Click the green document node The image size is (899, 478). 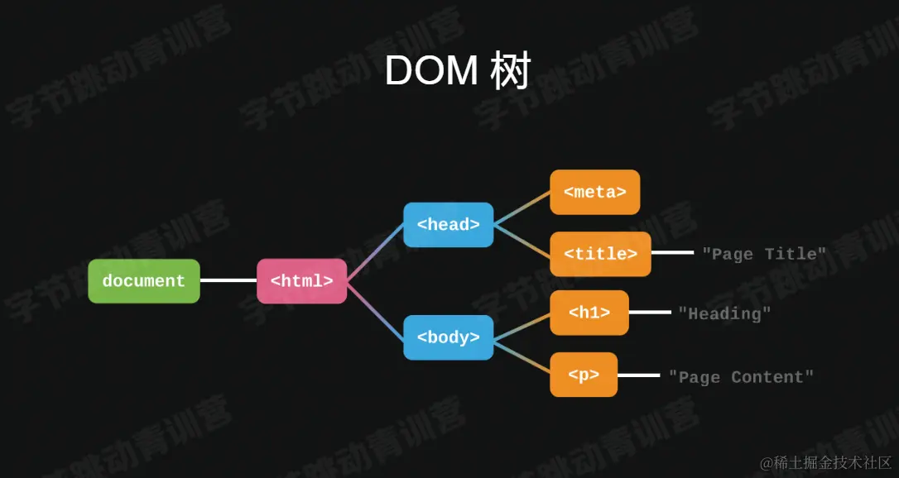144,281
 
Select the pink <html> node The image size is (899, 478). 301,281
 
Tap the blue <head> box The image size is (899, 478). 448,224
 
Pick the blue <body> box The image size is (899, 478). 448,337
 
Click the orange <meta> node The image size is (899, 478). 594,192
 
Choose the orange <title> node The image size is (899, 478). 600,254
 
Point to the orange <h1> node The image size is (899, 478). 589,313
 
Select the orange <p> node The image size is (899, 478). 584,375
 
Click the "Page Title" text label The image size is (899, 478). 764,254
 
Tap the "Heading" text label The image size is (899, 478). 724,313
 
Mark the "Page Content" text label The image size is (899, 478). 741,377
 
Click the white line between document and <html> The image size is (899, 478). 228,280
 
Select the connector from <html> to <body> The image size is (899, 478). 374,309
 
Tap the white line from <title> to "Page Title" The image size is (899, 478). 672,253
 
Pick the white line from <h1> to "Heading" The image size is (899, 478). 650,313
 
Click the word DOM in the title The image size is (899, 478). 431,73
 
